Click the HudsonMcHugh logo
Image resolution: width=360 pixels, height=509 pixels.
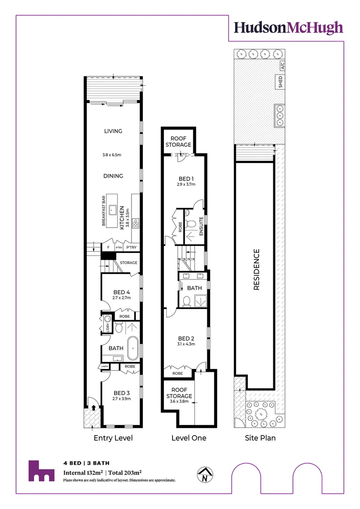point(289,28)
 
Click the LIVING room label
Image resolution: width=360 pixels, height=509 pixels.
point(113,131)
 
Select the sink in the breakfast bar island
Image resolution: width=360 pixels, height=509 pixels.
point(113,210)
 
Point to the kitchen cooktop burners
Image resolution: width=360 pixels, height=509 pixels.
point(136,223)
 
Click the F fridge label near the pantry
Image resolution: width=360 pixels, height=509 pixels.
point(108,247)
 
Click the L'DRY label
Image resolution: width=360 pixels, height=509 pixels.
point(107,326)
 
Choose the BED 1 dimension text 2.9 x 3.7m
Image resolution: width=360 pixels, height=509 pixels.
point(186,185)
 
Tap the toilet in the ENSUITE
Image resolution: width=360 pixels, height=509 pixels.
point(190,222)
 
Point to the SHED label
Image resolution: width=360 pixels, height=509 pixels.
point(280,82)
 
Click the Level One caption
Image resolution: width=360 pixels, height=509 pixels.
point(188,438)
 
